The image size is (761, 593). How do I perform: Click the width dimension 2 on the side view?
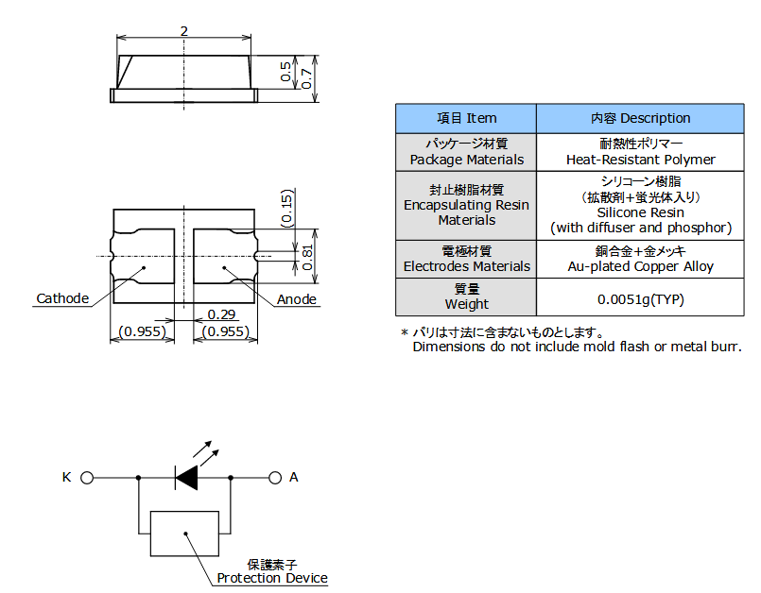183,31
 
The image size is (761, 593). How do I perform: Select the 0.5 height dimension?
285,72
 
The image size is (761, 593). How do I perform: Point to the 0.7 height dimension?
305,77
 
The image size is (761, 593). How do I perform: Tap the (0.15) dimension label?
286,209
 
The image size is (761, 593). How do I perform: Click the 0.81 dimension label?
306,255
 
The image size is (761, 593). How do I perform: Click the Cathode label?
62,299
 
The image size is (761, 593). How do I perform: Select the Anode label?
297,300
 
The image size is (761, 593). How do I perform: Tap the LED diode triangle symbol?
186,478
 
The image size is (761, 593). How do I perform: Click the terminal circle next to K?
87,478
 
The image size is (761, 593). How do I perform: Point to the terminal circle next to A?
275,478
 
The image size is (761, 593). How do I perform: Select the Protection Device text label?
272,578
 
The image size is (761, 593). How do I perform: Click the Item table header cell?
466,119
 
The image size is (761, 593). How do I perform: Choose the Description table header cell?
640,119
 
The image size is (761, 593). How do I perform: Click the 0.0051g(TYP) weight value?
640,300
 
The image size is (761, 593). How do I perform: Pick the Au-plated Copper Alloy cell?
640,266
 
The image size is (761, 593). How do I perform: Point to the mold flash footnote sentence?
577,347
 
